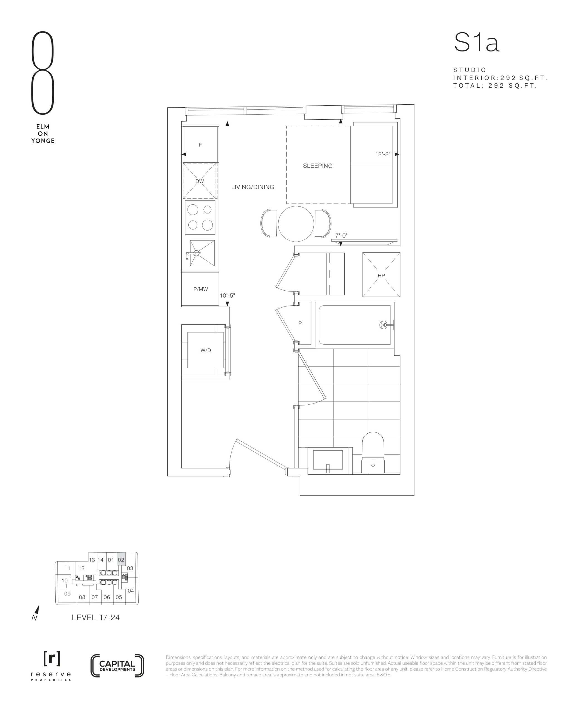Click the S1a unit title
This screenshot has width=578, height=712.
pyautogui.click(x=476, y=43)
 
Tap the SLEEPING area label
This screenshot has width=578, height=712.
pyautogui.click(x=318, y=166)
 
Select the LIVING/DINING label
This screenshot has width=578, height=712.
pyautogui.click(x=253, y=187)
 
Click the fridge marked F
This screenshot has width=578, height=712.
pyautogui.click(x=200, y=144)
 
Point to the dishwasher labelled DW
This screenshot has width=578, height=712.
pyautogui.click(x=200, y=181)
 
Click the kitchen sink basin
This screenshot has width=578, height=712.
pyautogui.click(x=202, y=253)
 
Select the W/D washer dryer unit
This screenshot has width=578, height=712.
pyautogui.click(x=205, y=350)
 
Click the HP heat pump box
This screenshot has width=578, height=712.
pyautogui.click(x=381, y=275)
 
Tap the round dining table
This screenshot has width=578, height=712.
pyautogui.click(x=296, y=224)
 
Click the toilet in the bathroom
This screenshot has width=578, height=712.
pyautogui.click(x=373, y=453)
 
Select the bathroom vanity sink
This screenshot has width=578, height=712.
pyautogui.click(x=328, y=461)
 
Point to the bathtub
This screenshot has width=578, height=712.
pyautogui.click(x=355, y=325)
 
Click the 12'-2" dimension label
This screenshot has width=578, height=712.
pyautogui.click(x=383, y=154)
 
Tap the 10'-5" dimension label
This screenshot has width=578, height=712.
pyautogui.click(x=227, y=295)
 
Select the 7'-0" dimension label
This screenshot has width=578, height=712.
pyautogui.click(x=341, y=236)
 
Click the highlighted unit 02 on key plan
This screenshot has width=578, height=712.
pyautogui.click(x=121, y=560)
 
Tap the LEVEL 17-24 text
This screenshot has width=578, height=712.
pyautogui.click(x=95, y=617)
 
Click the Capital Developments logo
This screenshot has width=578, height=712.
pyautogui.click(x=117, y=666)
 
